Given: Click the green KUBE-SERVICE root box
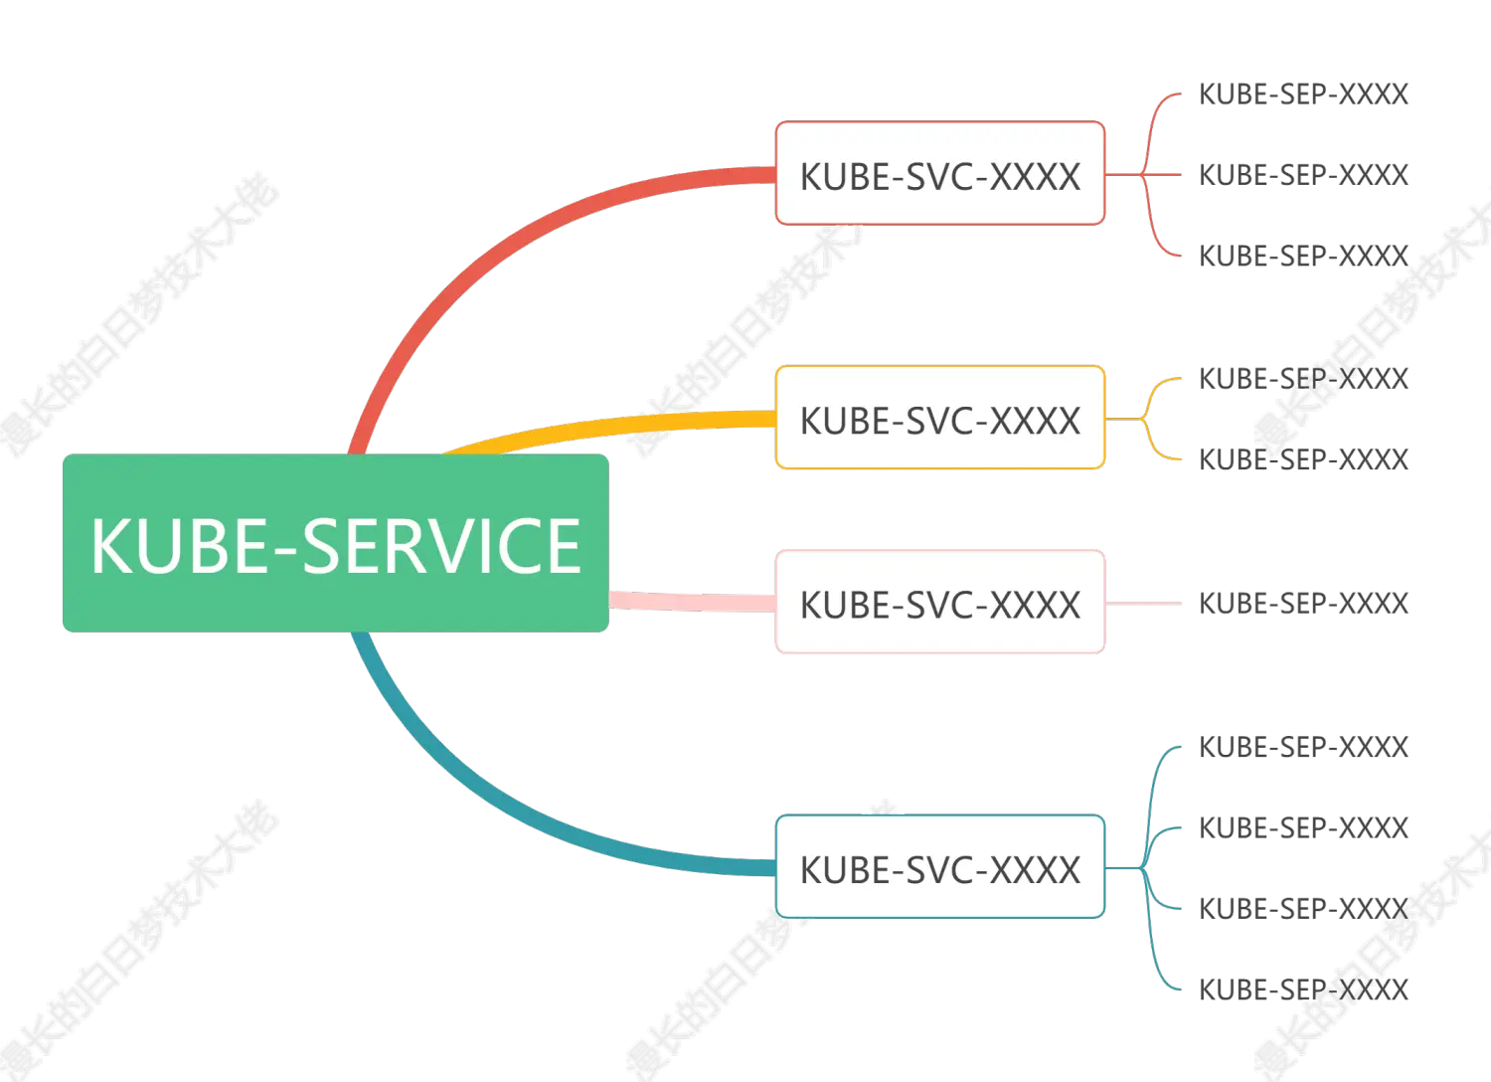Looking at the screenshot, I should (x=336, y=544).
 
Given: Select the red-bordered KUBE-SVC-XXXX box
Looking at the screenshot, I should (x=939, y=174).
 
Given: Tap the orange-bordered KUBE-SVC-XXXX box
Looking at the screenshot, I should (x=939, y=418).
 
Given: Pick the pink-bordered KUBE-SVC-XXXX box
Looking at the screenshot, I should (x=939, y=603).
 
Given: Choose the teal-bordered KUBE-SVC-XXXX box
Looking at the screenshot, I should (x=939, y=867).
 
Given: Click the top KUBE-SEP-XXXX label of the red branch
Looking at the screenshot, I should (x=1302, y=93).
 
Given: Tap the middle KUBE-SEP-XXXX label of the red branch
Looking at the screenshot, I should (x=1302, y=175).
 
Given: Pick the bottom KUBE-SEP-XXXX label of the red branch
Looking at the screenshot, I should (x=1302, y=256).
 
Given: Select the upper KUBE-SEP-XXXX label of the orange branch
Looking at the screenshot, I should (x=1302, y=378).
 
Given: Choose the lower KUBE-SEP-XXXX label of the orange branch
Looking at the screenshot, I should (x=1302, y=458).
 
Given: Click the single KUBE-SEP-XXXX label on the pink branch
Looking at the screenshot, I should (x=1302, y=603).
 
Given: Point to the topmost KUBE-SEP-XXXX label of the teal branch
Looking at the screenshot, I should (x=1302, y=746).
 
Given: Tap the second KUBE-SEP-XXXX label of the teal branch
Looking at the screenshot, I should (x=1302, y=827).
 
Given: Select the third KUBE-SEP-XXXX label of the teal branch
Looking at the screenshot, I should (x=1302, y=908).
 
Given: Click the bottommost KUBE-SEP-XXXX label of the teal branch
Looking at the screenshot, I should (x=1302, y=990).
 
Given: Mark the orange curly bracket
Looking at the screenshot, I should (x=1153, y=419).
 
